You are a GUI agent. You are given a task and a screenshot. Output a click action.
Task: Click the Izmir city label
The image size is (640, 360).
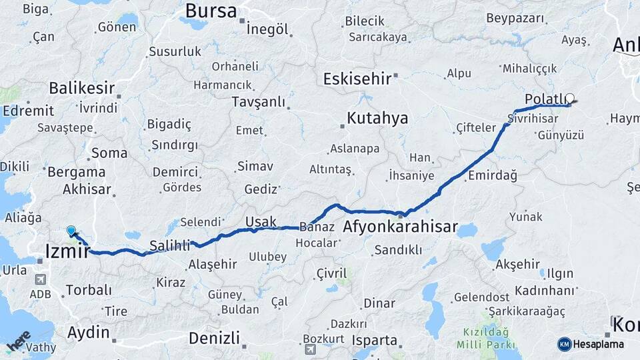coord(67,251)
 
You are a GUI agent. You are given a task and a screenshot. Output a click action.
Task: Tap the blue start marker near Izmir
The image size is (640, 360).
coord(71,231)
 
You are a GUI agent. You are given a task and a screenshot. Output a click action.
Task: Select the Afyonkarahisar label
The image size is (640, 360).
coord(400,227)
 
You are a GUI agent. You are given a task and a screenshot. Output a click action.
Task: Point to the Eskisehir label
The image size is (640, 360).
coord(357,79)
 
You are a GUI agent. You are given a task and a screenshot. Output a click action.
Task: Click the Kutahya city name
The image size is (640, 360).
coord(377,119)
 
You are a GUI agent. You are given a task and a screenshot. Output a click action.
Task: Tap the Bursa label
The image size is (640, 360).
coord(211,11)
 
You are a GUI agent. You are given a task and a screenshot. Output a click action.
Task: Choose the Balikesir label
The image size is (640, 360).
coord(81,88)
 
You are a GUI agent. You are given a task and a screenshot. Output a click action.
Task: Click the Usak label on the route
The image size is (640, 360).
coord(261,221)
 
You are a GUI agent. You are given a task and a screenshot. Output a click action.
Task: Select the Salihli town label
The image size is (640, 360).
coord(169,245)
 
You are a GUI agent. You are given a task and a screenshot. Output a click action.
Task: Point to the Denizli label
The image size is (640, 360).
coord(213,338)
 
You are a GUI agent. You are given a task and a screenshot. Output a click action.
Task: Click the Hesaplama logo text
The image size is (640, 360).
coord(598,345)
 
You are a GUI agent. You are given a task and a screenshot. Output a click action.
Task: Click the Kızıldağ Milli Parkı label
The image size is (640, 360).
coord(483,338)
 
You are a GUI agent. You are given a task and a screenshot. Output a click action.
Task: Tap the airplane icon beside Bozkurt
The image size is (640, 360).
coord(310,349)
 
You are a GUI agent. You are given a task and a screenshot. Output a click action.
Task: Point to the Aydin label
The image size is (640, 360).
coord(88,332)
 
